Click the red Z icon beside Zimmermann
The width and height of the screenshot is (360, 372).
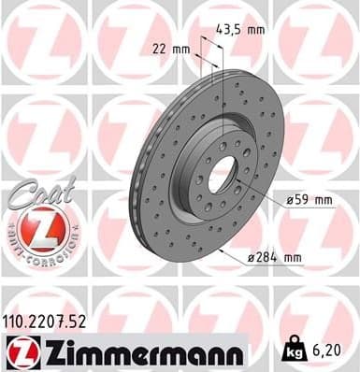pos(21,351)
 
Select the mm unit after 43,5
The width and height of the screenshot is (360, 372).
pos(253,29)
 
